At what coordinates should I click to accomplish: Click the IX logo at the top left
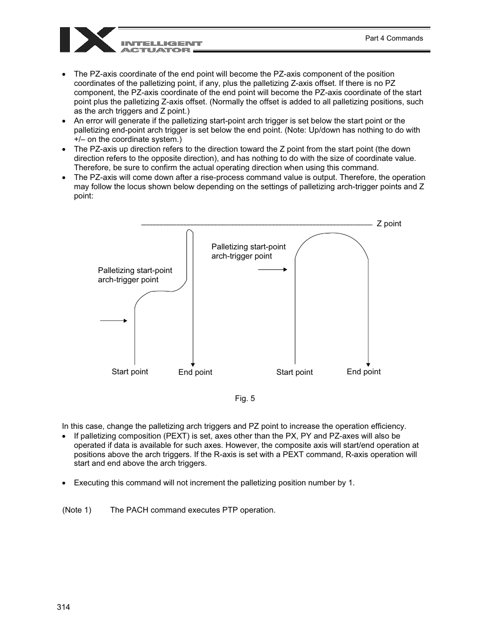coord(87,40)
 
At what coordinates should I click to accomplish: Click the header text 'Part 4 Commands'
coord(393,38)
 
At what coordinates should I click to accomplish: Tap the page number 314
coord(63,607)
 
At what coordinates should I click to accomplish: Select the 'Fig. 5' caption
coord(244,398)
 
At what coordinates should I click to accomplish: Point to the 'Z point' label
coord(389,224)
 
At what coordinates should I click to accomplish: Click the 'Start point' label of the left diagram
coord(129,372)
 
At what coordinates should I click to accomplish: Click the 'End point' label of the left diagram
coord(195,372)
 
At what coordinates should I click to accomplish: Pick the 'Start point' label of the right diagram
coord(294,372)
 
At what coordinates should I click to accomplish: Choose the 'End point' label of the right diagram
coord(364,372)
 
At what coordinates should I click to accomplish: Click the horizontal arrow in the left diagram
coord(114,320)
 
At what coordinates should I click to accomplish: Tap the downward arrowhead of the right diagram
coord(368,362)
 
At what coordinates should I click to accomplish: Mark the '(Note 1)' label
coord(77,510)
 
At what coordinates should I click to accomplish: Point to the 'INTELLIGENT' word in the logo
coord(161,44)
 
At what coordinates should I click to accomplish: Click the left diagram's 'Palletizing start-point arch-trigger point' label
coord(135,275)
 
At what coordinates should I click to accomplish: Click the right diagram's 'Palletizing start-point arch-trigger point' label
coord(248,251)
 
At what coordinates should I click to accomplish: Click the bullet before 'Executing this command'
coord(64,483)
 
